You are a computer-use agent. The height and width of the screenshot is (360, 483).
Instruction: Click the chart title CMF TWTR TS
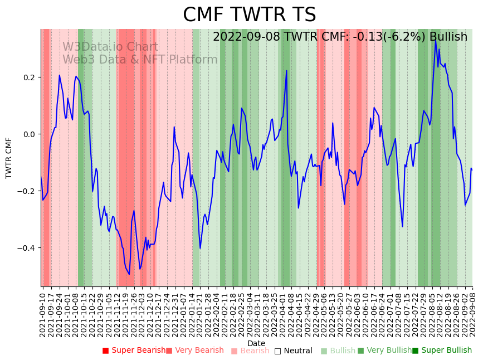(x=249, y=15)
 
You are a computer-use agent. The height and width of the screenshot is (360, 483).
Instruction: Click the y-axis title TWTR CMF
(x=9, y=158)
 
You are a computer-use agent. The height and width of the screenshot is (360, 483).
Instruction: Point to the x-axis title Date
(x=256, y=343)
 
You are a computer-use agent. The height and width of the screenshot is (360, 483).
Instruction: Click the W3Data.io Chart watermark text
(x=110, y=47)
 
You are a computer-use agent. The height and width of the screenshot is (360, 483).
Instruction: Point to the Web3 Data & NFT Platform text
(x=140, y=60)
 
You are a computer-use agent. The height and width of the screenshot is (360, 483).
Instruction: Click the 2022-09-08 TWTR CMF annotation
(x=340, y=37)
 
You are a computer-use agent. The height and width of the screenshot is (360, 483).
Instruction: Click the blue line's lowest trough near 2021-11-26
(x=129, y=274)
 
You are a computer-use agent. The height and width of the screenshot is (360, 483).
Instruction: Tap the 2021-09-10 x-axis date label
(x=43, y=313)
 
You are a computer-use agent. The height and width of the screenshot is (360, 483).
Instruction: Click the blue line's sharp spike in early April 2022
(x=286, y=71)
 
